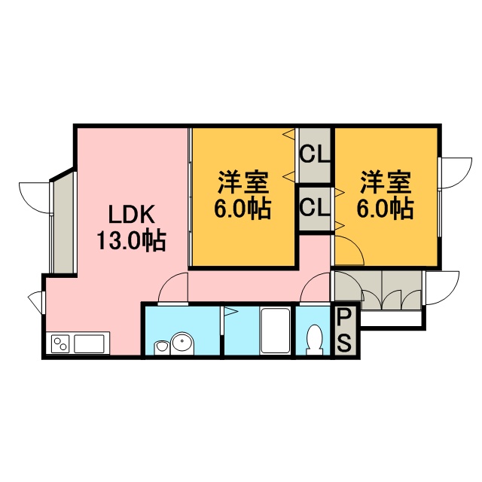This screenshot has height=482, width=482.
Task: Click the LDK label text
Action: (132, 214)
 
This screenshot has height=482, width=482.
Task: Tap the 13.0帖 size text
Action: (132, 241)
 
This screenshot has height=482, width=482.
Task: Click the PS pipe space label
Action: (343, 331)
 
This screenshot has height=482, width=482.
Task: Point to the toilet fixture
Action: (314, 340)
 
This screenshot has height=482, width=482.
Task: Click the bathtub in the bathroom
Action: (275, 331)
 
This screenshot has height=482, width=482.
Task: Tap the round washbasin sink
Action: (182, 343)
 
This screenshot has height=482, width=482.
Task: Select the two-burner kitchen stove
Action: (60, 343)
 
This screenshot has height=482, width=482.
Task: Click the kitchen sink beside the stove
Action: (89, 343)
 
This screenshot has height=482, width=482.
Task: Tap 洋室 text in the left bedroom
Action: (243, 182)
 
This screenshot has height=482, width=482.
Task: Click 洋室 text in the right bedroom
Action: (386, 182)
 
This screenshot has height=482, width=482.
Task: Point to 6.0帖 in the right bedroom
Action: (385, 209)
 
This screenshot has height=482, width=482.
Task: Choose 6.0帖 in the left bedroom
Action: (243, 209)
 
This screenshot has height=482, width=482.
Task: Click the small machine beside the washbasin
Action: (161, 348)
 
